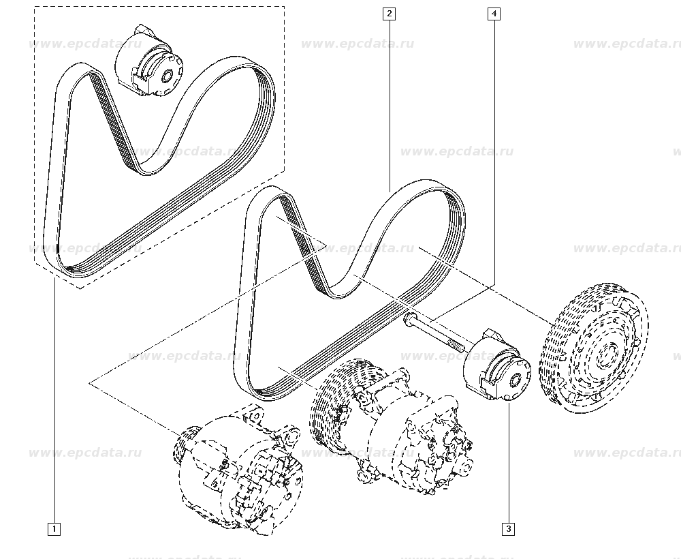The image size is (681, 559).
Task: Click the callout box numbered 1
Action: pos(54,529)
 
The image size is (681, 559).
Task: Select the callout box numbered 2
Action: pos(389,14)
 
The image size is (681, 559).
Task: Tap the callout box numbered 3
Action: pos(508,529)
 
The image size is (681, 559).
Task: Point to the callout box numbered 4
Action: pos(494,14)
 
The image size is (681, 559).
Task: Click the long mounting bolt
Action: pos(434,332)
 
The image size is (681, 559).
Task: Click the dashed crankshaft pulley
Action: pos(594,348)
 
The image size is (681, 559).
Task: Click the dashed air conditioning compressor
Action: pos(391,426)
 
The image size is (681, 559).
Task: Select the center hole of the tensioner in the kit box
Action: pos(168,76)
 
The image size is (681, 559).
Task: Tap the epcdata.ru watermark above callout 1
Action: pos(85,453)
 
